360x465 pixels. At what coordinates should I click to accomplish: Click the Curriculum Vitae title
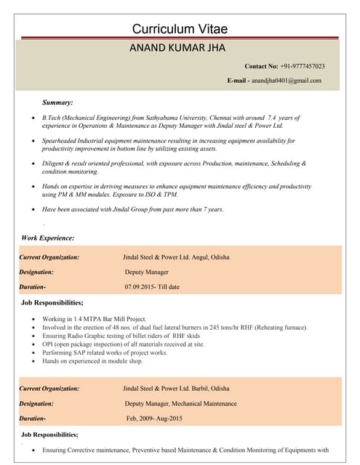click(x=180, y=29)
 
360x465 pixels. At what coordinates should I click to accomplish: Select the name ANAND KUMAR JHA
click(x=178, y=49)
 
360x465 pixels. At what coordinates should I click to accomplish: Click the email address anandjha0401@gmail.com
click(x=287, y=80)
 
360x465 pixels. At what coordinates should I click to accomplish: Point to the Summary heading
click(x=57, y=102)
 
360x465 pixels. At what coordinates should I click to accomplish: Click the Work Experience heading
click(x=48, y=238)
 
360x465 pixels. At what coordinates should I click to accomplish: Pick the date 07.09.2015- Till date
click(x=152, y=287)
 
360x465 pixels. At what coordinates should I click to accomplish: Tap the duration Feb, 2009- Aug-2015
click(x=154, y=418)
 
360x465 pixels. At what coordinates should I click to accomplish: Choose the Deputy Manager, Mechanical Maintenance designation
click(x=180, y=403)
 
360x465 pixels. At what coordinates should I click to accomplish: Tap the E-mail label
click(x=239, y=80)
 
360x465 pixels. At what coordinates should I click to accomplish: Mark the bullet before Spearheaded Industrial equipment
click(x=27, y=140)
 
